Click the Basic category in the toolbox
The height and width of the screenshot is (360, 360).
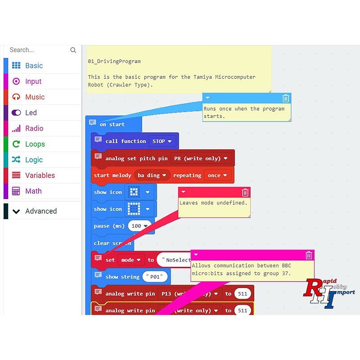(34, 66)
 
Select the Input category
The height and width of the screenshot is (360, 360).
(33, 81)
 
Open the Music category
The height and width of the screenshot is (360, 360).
(35, 97)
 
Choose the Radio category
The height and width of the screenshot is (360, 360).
(34, 129)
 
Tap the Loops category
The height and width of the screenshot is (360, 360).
(35, 144)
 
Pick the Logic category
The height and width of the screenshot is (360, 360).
(34, 160)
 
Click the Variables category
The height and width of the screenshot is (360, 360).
(40, 175)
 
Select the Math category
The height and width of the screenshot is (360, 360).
(33, 191)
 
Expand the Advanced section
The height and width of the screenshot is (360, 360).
(40, 211)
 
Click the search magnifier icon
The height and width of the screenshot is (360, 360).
(73, 50)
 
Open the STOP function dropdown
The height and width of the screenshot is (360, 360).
(162, 141)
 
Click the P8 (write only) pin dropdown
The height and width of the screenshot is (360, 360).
(201, 158)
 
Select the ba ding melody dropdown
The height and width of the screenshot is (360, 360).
(152, 175)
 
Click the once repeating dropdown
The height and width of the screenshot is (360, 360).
(217, 175)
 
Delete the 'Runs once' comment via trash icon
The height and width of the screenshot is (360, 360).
(286, 98)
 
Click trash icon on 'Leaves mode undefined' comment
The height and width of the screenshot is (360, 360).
(245, 193)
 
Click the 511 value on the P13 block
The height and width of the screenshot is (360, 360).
(243, 294)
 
